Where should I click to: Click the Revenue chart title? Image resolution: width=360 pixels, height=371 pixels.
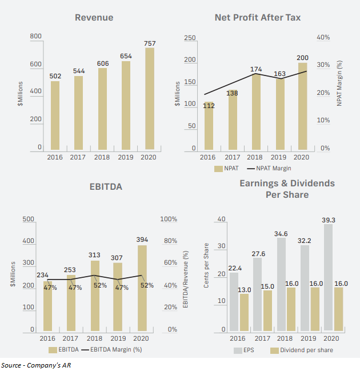(x=94, y=18)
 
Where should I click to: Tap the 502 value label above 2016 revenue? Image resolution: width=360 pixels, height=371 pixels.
(x=55, y=77)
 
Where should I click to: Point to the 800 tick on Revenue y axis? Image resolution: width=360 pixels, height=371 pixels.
(x=35, y=37)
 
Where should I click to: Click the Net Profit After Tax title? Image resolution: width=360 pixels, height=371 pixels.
(x=258, y=18)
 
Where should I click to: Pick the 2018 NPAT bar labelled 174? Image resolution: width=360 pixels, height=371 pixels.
(x=256, y=112)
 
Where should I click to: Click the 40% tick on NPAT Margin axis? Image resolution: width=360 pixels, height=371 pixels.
(x=323, y=37)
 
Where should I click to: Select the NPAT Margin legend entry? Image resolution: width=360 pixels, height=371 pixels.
(x=271, y=169)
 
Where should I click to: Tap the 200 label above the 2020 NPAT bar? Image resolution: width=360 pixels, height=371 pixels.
(x=302, y=58)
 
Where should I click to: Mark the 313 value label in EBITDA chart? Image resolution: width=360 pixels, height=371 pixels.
(x=95, y=256)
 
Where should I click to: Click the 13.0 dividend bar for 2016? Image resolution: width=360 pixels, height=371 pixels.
(x=244, y=312)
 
